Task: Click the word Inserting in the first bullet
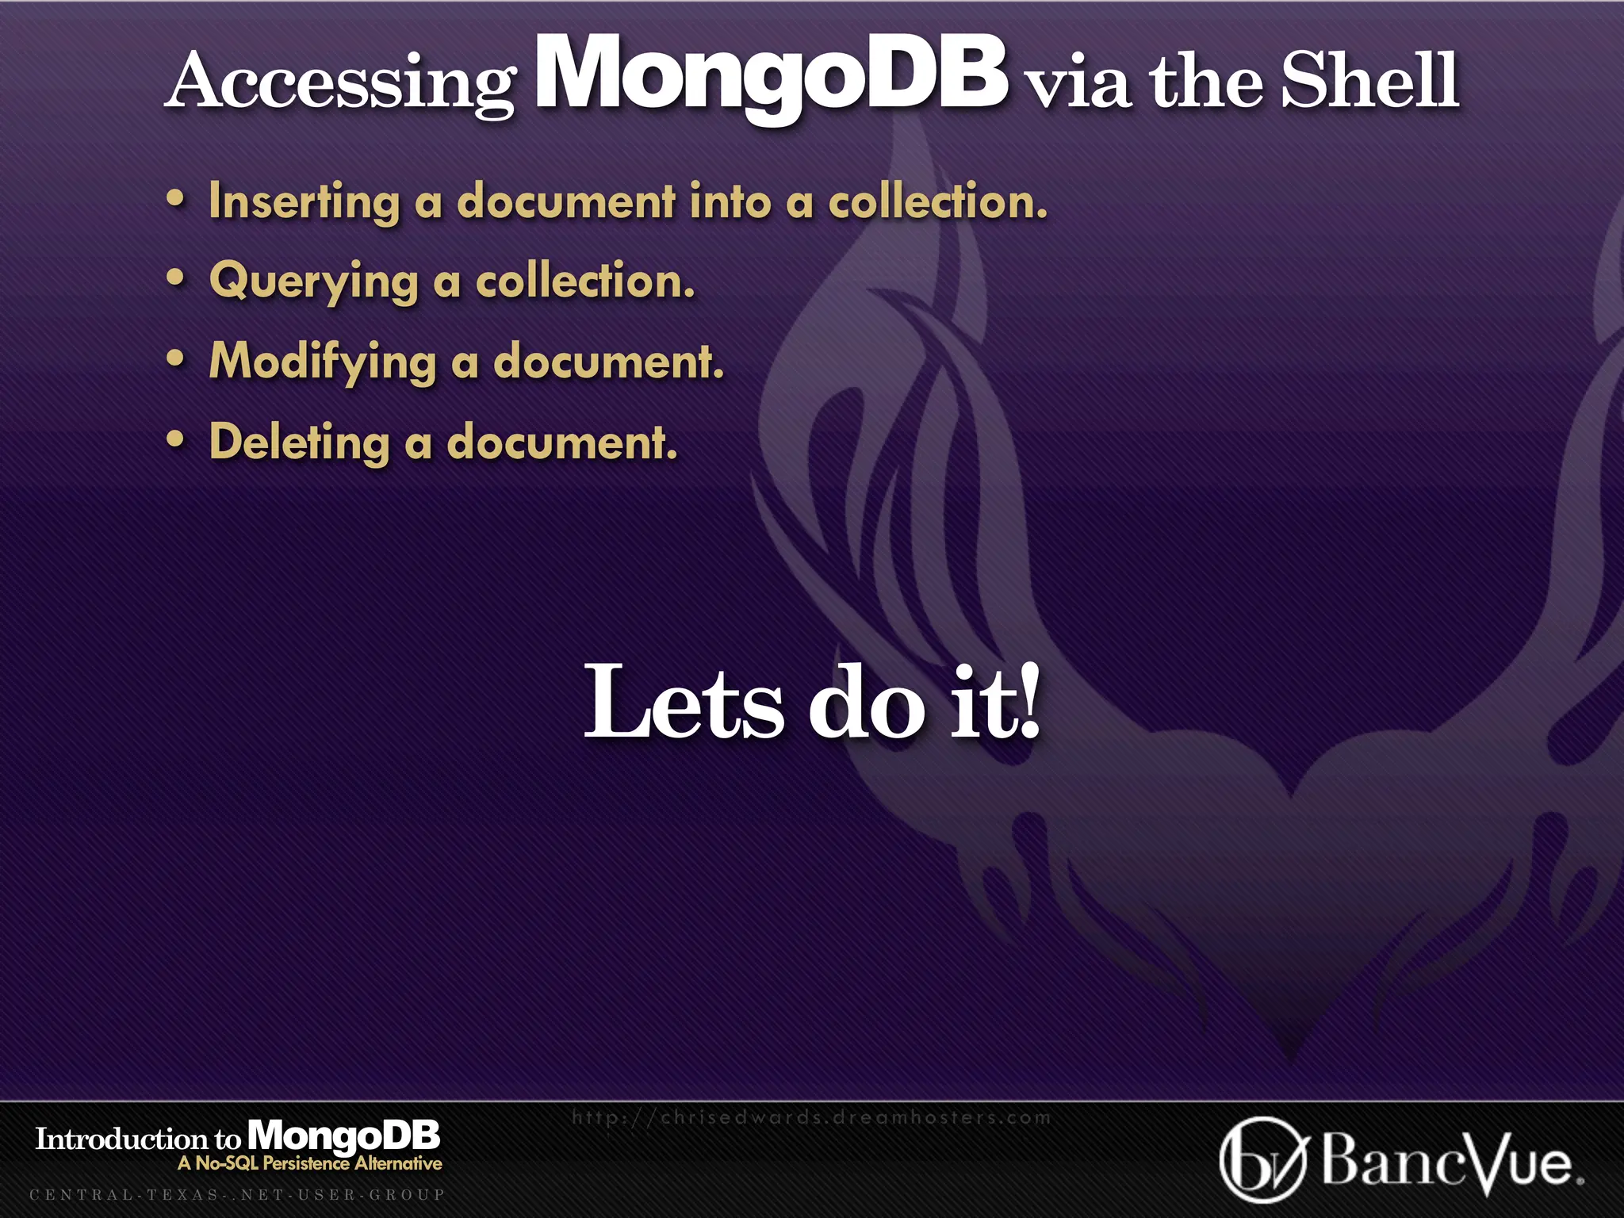pyautogui.click(x=304, y=201)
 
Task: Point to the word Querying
pyautogui.click(x=314, y=282)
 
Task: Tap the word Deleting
pyautogui.click(x=299, y=442)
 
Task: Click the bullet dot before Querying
pyautogui.click(x=175, y=278)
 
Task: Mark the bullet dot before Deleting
pyautogui.click(x=175, y=439)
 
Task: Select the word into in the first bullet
pyautogui.click(x=730, y=201)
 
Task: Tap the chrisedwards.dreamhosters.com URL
pyautogui.click(x=810, y=1118)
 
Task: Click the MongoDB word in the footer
pyautogui.click(x=343, y=1136)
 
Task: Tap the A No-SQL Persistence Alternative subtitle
pyautogui.click(x=310, y=1163)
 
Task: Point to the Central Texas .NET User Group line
pyautogui.click(x=237, y=1194)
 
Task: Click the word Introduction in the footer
pyautogui.click(x=121, y=1139)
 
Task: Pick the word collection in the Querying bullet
pyautogui.click(x=585, y=282)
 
